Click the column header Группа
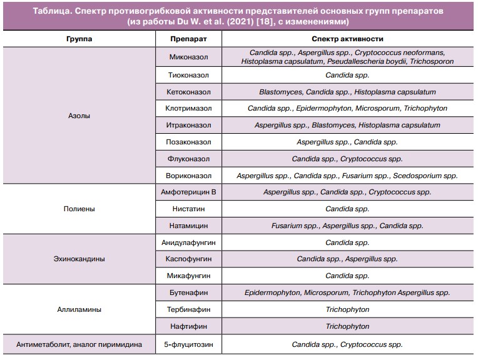coord(79,39)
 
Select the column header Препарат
coord(188,39)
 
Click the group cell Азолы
coord(79,116)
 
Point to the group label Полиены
coord(79,209)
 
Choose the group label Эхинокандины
coord(79,259)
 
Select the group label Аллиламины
coord(79,309)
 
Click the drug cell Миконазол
coord(188,57)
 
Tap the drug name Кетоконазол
coord(188,92)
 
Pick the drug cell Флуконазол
coord(188,159)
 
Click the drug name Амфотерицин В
coord(188,192)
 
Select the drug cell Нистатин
coord(188,209)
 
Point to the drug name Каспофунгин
coord(188,259)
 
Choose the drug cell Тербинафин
coord(188,309)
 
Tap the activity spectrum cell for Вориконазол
coord(347,176)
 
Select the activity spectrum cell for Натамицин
coord(347,225)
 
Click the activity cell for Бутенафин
coord(347,292)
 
